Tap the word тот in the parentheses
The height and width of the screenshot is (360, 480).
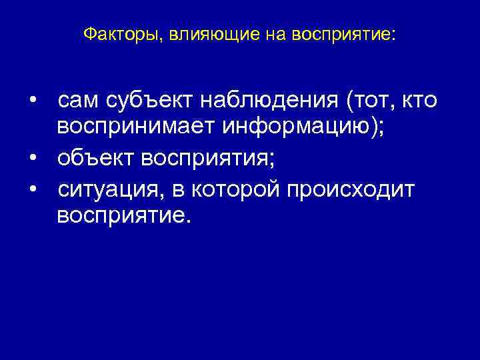371,102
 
